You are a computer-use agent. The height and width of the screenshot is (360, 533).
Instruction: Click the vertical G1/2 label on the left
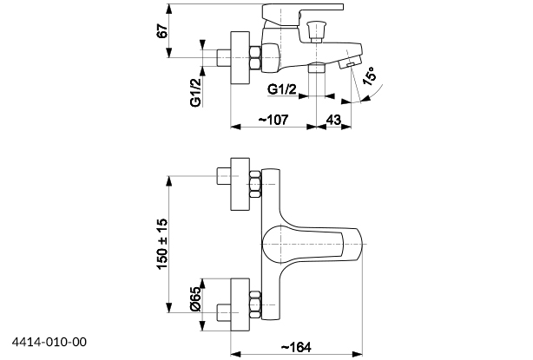tap(197, 89)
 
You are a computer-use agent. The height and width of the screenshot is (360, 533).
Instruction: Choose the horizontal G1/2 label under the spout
tap(284, 89)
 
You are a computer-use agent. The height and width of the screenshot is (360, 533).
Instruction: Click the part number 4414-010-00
tap(49, 342)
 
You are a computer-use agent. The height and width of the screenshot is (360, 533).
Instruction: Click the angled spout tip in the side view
tap(351, 61)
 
